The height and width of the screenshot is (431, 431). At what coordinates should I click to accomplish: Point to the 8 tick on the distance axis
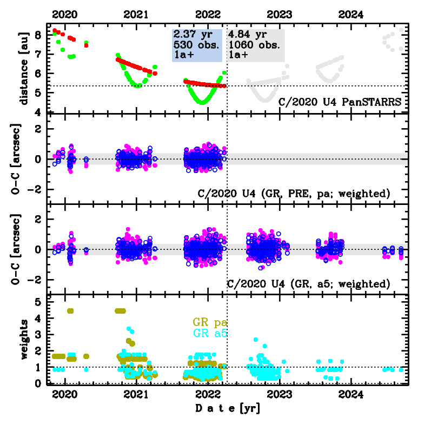[37, 35]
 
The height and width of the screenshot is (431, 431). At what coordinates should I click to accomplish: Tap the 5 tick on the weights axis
[37, 302]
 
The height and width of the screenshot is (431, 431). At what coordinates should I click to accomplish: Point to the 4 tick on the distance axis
[37, 112]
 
